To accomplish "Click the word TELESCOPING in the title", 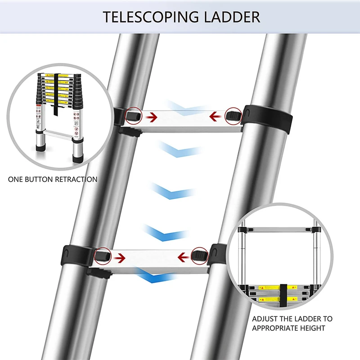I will click(147, 17).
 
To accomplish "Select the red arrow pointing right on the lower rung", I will click(119, 258).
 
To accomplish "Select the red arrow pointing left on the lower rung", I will click(184, 258).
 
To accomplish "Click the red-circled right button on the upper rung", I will click(233, 116).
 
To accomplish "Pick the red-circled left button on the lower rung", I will click(102, 256).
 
